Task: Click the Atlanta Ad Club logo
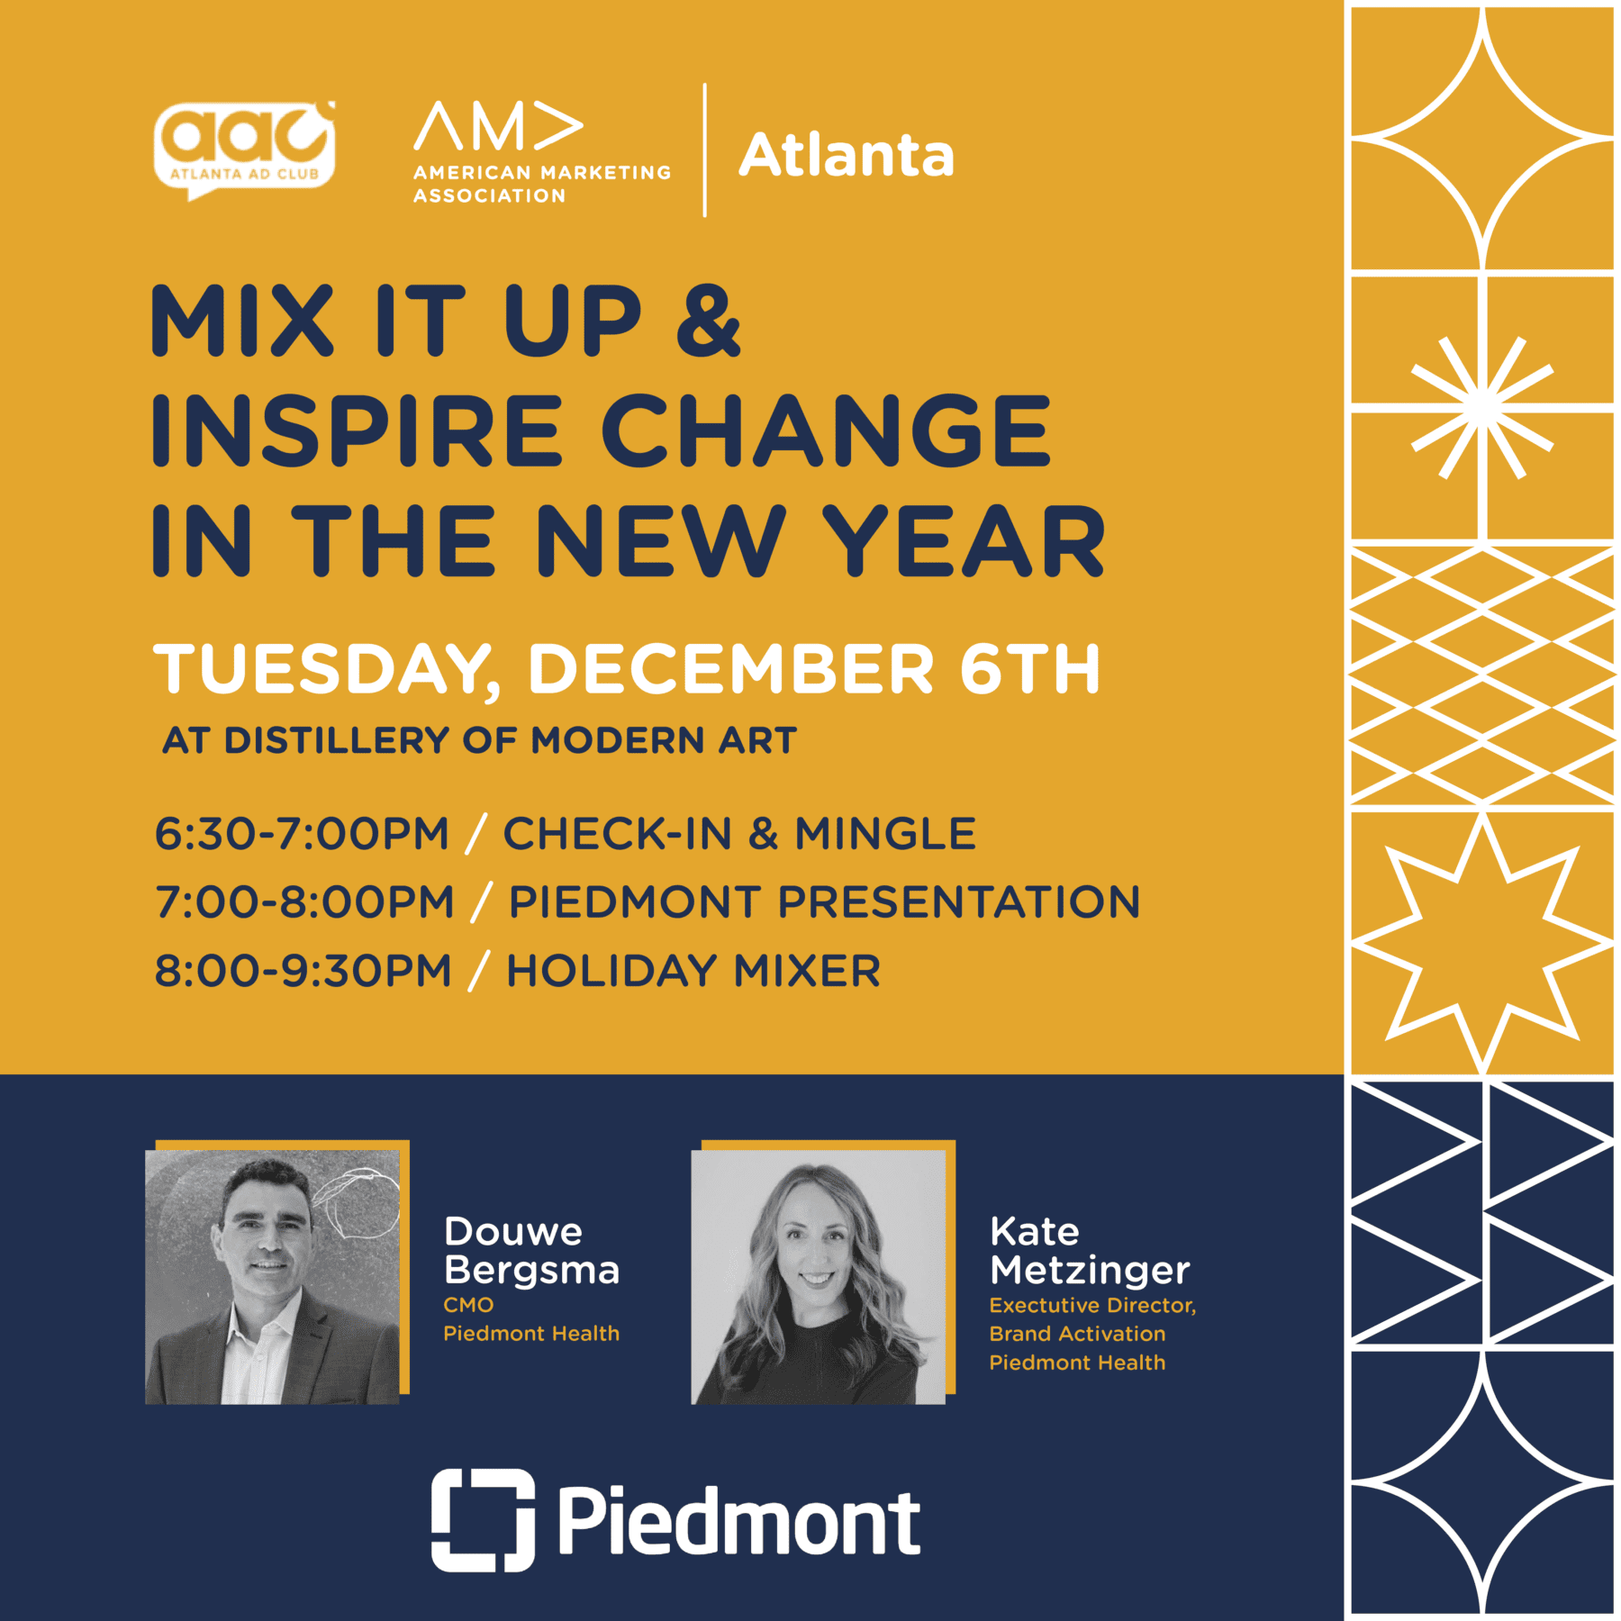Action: (x=244, y=149)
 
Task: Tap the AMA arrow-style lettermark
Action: (x=498, y=126)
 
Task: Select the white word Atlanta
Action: (x=846, y=155)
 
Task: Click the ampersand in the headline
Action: (x=709, y=321)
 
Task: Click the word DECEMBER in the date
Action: (x=730, y=669)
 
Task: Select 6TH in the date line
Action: (x=1029, y=669)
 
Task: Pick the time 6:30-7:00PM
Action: (x=302, y=833)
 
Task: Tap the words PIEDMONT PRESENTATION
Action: (x=824, y=901)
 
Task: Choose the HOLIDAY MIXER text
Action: (x=693, y=971)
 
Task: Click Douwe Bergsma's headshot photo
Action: (x=273, y=1276)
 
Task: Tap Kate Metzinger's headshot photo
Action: (x=819, y=1276)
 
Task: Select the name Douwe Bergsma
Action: (x=531, y=1251)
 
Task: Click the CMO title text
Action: (x=468, y=1305)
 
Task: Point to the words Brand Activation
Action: (x=1077, y=1334)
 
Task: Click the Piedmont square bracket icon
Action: (x=483, y=1520)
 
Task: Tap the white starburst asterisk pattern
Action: (x=1481, y=408)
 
